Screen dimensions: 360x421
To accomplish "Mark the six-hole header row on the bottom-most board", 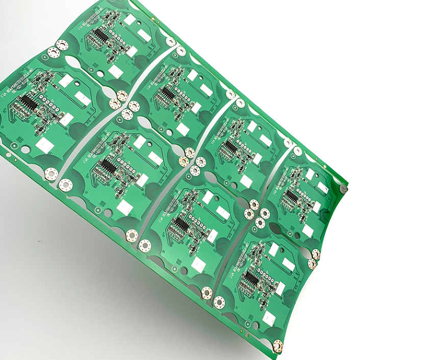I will (268, 278).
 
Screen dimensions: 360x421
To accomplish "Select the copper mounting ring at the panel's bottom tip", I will (278, 346).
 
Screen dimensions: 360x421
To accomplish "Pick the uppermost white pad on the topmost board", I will (130, 19).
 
